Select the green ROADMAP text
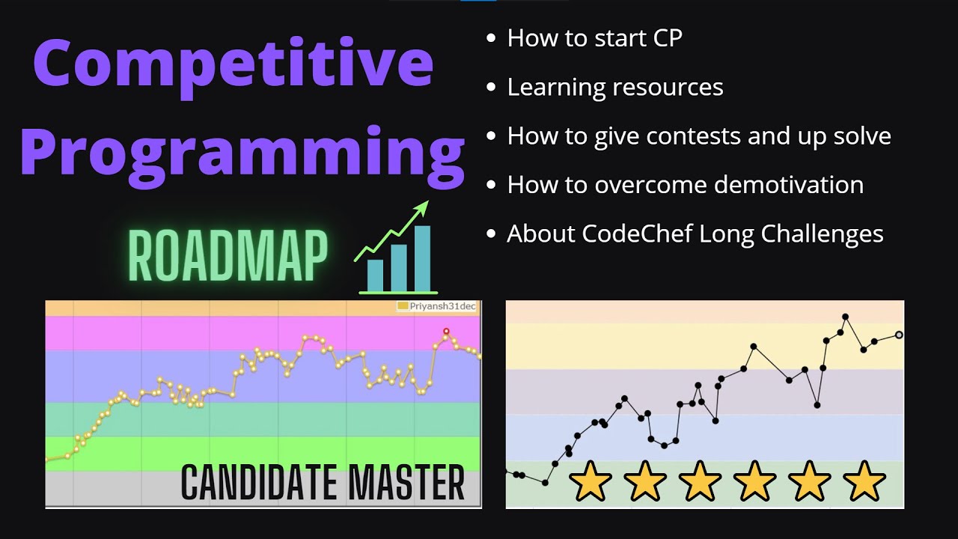point(228,256)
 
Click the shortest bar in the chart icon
point(375,274)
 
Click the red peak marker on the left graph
point(446,331)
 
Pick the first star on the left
point(590,481)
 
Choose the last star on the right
point(864,481)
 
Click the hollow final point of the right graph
point(899,335)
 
